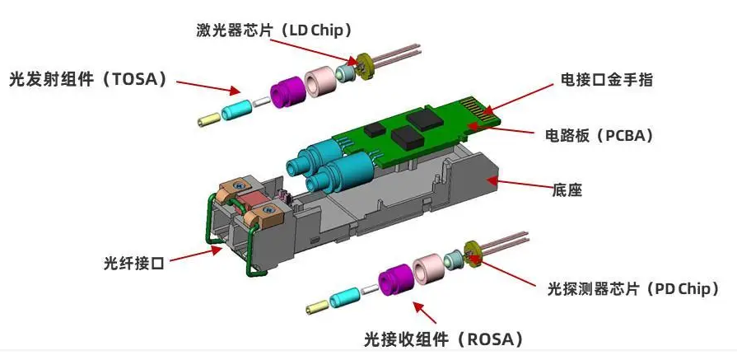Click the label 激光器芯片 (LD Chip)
pyautogui.click(x=274, y=30)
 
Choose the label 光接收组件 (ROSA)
pyautogui.click(x=444, y=339)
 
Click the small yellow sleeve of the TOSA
pyautogui.click(x=206, y=119)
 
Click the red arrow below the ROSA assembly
pyautogui.click(x=427, y=313)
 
